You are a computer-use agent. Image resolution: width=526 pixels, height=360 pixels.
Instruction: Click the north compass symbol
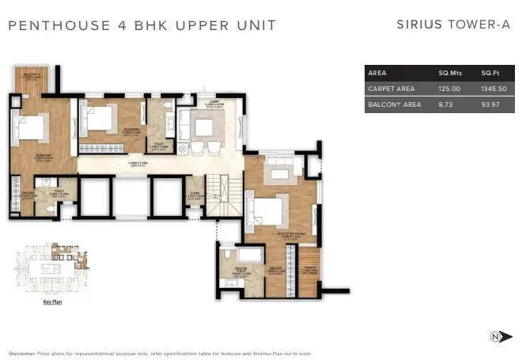click(x=497, y=336)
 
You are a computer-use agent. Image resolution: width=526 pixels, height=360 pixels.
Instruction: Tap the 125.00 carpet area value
click(x=449, y=89)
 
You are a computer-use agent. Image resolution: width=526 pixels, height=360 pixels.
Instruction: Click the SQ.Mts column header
click(x=449, y=73)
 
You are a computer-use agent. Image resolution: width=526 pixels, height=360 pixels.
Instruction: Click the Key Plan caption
click(x=51, y=301)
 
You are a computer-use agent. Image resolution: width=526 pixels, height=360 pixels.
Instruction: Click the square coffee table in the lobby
click(x=205, y=127)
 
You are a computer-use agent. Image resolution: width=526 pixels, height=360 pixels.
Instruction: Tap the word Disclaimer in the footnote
click(x=23, y=353)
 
